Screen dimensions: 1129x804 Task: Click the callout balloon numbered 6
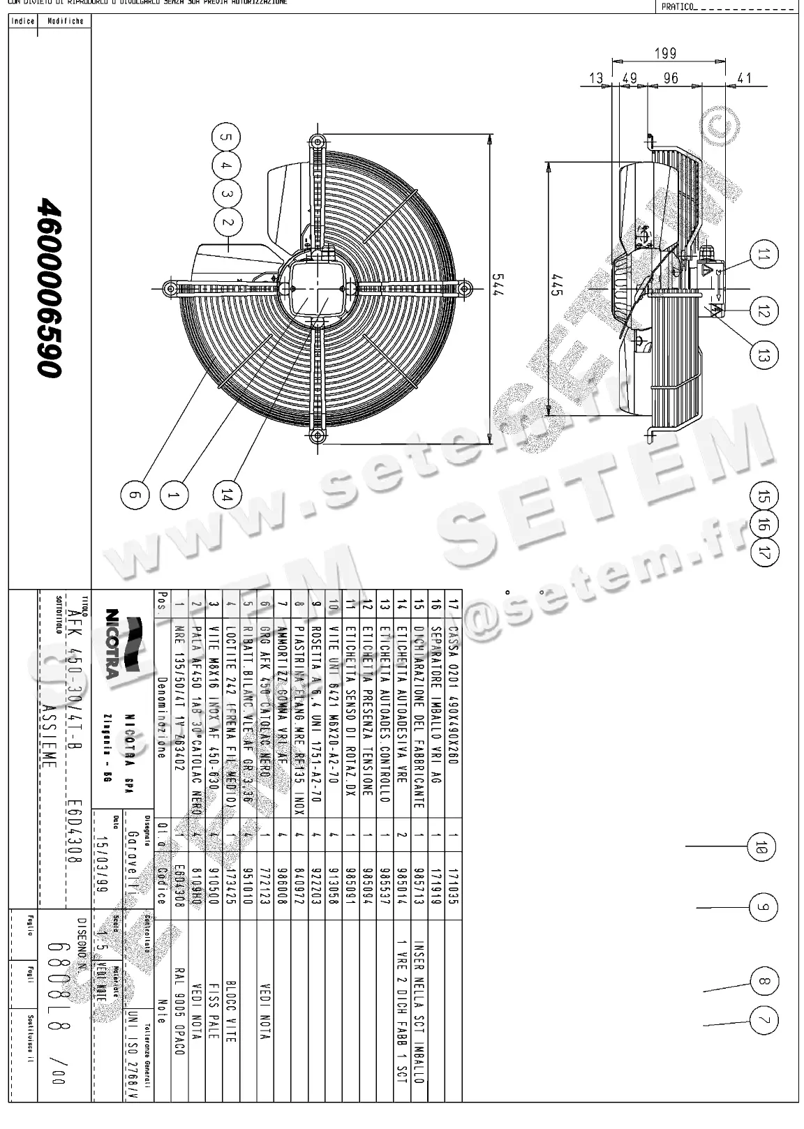(135, 495)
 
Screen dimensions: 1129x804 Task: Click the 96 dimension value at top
(670, 78)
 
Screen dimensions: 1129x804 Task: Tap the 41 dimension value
(744, 78)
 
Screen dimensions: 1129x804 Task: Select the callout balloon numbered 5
(226, 137)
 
